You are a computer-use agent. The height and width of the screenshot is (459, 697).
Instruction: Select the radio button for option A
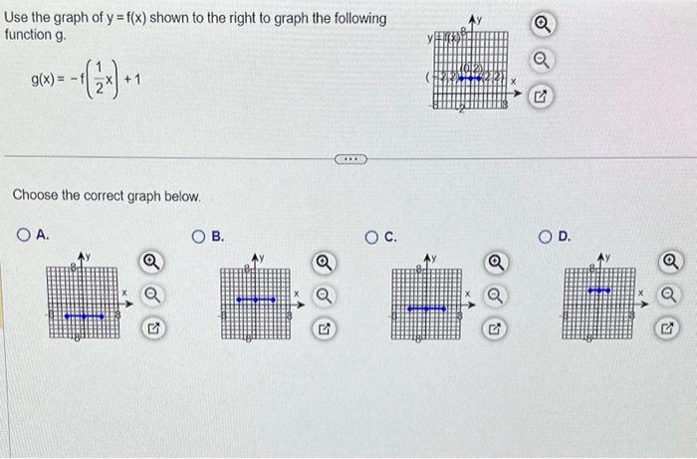point(22,236)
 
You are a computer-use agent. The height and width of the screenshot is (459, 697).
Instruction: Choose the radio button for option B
point(198,236)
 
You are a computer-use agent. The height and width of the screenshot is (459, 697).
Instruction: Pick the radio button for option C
point(370,236)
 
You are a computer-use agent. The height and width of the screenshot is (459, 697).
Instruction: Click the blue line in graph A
point(84,316)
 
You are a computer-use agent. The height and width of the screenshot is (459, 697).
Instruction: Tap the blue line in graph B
point(256,299)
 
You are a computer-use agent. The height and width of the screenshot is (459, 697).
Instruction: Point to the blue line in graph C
point(426,309)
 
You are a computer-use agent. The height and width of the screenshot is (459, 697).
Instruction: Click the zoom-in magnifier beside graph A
point(151,263)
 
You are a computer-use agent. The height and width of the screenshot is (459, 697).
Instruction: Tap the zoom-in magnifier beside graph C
point(495,263)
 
